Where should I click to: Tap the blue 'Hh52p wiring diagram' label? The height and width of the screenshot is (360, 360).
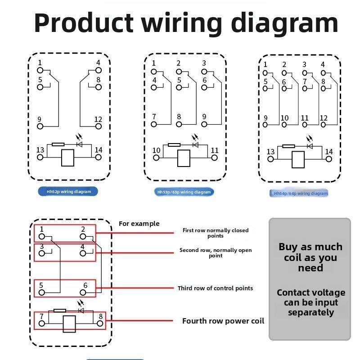68,192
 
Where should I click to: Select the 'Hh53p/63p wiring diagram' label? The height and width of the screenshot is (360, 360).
184,192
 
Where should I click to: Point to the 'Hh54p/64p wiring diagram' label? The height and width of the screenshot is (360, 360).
299,193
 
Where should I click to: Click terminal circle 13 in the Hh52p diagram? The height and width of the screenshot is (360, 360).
40,157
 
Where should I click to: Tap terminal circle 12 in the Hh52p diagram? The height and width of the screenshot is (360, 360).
98,126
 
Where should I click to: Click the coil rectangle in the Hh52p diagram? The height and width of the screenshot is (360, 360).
68,158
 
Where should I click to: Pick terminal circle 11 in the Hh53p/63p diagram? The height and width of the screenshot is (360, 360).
214,158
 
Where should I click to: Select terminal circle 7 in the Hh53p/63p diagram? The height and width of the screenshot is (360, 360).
153,125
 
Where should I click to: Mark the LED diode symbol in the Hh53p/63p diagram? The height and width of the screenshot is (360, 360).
196,144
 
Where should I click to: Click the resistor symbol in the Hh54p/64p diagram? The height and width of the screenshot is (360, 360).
288,146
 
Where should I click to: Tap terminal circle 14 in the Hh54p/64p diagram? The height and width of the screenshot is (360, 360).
329,159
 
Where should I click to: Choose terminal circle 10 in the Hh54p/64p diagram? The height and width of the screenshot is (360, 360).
284,125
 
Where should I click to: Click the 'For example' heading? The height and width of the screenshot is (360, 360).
139,224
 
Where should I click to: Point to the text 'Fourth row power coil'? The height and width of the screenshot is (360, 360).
223,321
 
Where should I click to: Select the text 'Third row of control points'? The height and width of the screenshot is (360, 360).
215,288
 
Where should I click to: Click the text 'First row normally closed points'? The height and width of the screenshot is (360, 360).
216,233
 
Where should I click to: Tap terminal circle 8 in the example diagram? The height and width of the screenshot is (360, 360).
100,324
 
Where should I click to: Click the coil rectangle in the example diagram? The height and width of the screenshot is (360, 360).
69,324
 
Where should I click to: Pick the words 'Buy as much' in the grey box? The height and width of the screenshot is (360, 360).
310,247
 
